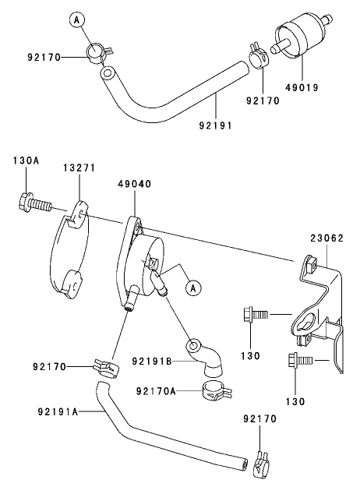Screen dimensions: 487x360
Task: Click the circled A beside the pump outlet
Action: click(190, 288)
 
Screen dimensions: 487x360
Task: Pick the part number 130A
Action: click(26, 161)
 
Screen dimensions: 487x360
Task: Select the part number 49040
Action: click(134, 184)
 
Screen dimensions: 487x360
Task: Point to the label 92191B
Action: click(150, 362)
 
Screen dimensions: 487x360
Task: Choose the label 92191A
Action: click(58, 412)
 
